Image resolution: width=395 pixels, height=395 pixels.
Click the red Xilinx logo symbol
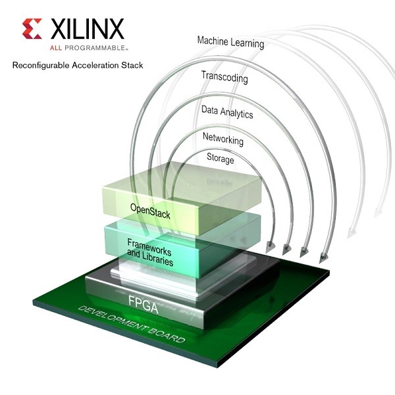tap(32, 29)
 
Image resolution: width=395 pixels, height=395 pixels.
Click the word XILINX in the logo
tap(88, 29)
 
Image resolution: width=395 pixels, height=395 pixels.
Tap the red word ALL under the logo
tap(56, 47)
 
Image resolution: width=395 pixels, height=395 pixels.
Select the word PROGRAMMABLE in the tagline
tap(95, 47)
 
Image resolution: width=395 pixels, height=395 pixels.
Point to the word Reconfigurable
tap(41, 65)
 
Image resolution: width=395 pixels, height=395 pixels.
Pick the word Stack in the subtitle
tap(132, 65)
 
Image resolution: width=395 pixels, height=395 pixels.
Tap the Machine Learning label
tap(231, 42)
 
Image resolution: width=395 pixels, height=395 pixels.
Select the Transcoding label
tap(224, 77)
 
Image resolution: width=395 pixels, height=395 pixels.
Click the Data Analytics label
tap(227, 112)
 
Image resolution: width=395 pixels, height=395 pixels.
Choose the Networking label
tap(223, 139)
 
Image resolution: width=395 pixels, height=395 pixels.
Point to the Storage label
tap(221, 158)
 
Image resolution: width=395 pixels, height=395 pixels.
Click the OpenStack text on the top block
tap(150, 211)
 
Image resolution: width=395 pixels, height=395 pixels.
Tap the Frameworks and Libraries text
tap(150, 252)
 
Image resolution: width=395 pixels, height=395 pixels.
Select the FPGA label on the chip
tap(143, 304)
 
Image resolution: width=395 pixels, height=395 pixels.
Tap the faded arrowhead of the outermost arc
tap(377, 213)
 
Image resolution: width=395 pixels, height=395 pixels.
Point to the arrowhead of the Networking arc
tap(287, 250)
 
